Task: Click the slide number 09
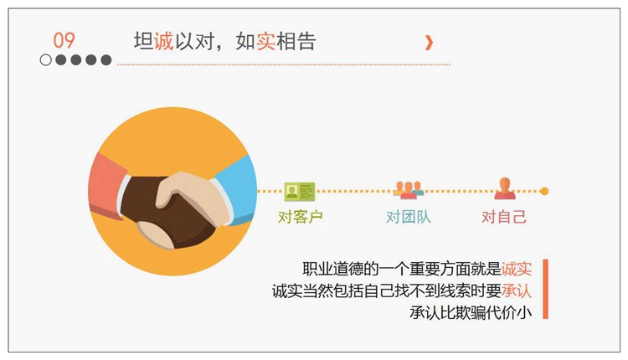pos(64,40)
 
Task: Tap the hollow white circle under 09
pos(46,60)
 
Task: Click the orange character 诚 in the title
pos(163,41)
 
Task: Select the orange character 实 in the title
pos(265,41)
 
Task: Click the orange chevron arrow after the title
pos(429,43)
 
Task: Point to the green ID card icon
pos(300,192)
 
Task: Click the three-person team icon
pos(408,190)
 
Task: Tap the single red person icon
pos(505,188)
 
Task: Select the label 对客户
pos(301,217)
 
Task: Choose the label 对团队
pos(409,217)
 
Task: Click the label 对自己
pos(504,217)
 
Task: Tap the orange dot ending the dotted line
pos(544,192)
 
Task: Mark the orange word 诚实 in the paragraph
pos(517,269)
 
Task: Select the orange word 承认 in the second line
pos(517,291)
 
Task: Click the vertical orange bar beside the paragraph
pos(545,289)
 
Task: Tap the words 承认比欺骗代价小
pos(471,313)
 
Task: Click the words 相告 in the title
pos(296,41)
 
